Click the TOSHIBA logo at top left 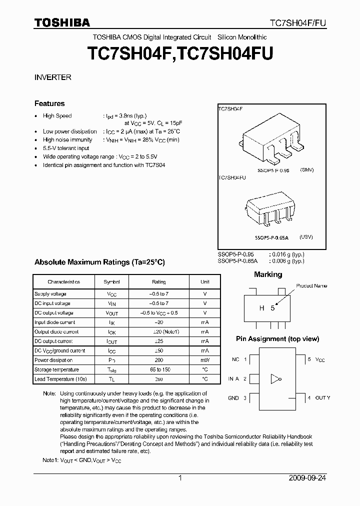click(61, 22)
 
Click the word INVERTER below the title click(52, 77)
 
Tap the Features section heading click(49, 103)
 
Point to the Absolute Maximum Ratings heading click(99, 262)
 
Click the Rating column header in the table click(158, 282)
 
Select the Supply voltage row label click(50, 294)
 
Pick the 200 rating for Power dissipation click(158, 360)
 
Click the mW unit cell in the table click(205, 360)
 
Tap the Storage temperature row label click(56, 369)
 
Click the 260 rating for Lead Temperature click(158, 379)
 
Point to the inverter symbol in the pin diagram click(274, 379)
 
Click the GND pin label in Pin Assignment click(233, 398)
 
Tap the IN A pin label click(233, 379)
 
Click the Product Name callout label click(311, 286)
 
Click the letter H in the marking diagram click(261, 308)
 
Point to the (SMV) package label click(306, 170)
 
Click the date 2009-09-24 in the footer click(307, 478)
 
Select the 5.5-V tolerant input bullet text click(66, 148)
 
